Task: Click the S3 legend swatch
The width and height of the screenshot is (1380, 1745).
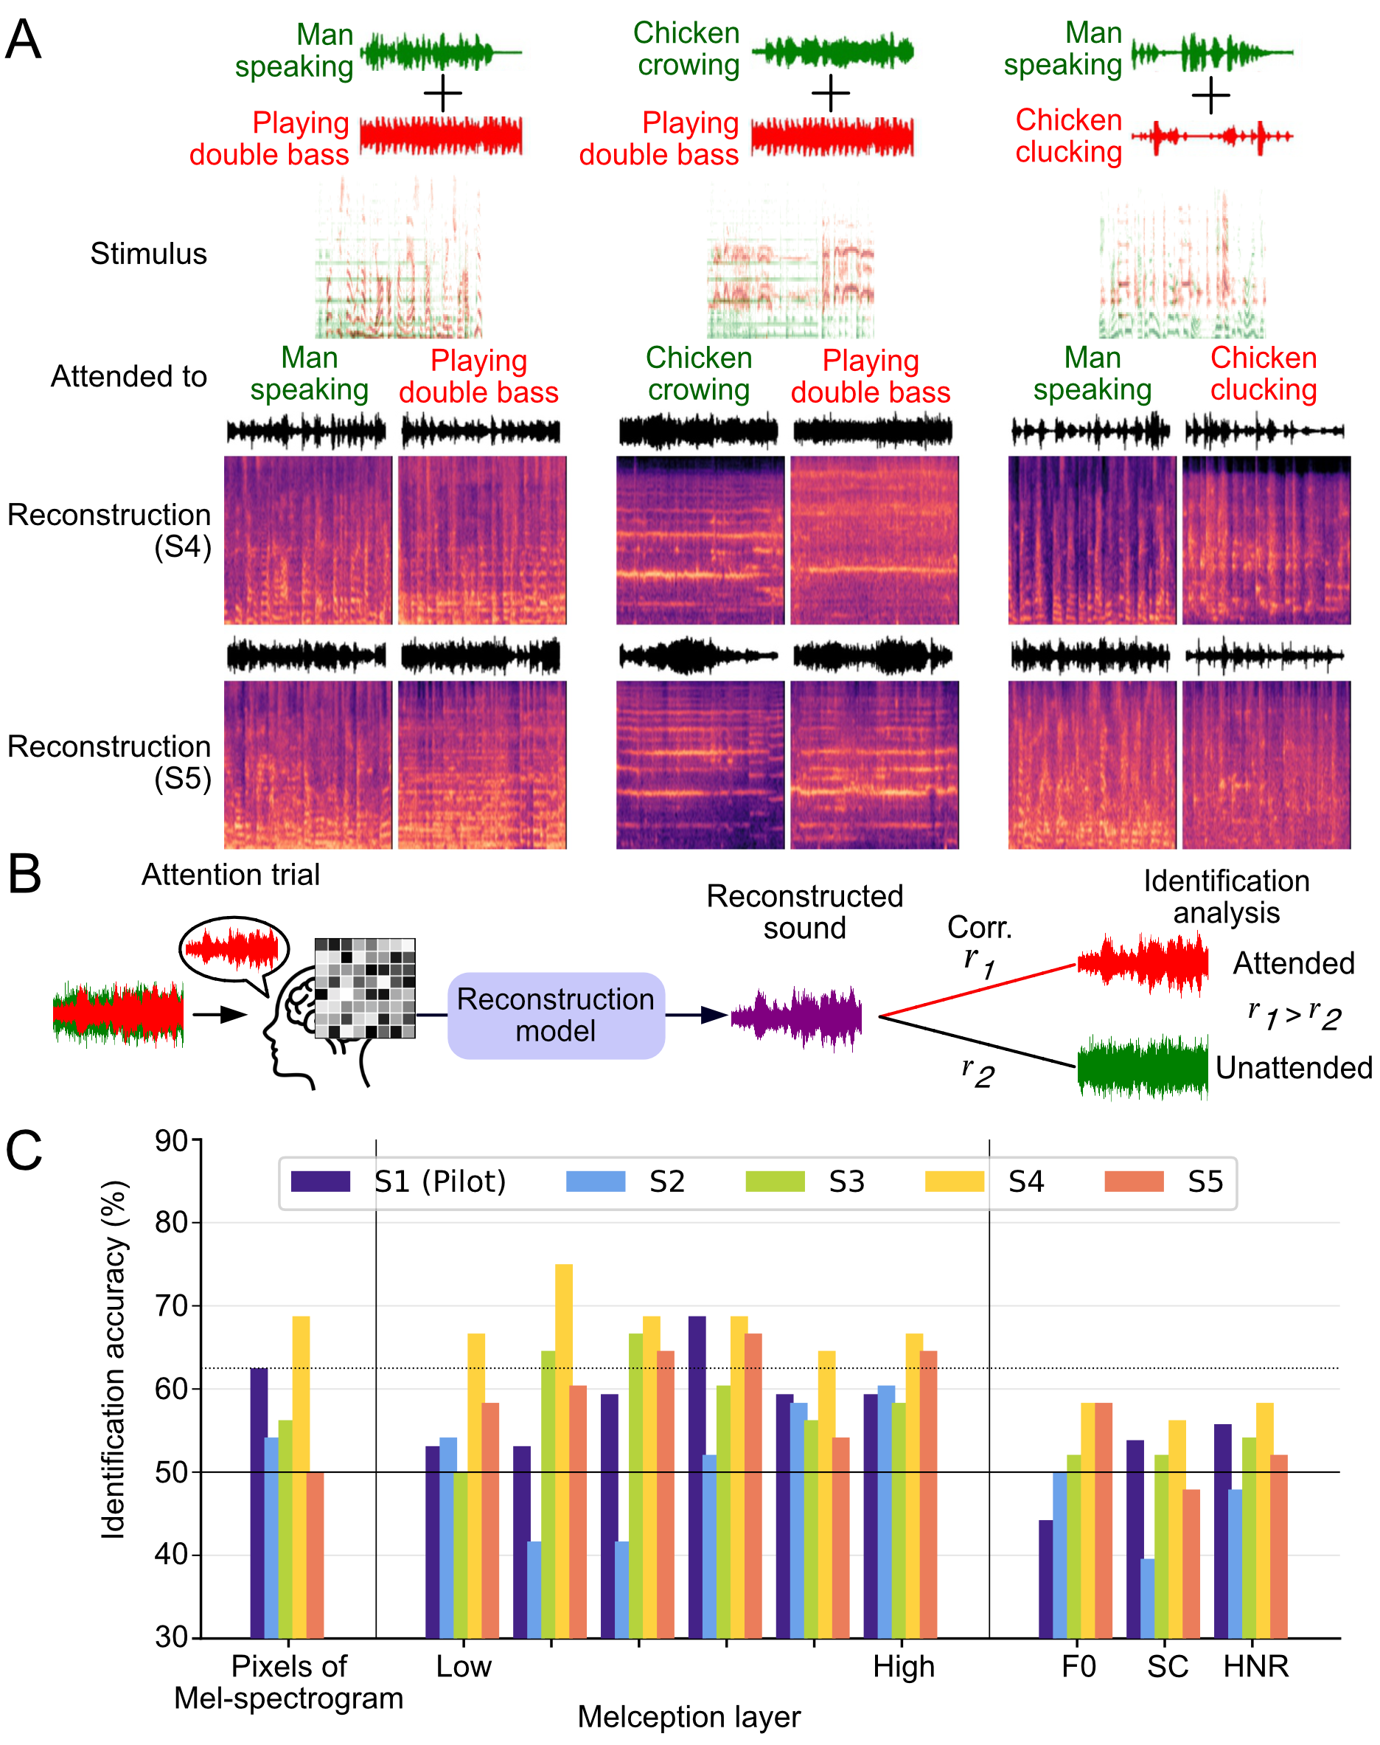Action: point(775,1181)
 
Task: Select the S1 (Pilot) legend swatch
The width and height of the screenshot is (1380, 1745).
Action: point(321,1181)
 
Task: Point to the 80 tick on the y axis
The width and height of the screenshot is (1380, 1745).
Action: point(171,1222)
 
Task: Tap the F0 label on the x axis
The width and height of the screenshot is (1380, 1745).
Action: point(1078,1666)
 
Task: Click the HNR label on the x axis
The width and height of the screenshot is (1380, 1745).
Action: point(1255,1666)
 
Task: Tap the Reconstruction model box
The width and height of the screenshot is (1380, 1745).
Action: point(556,1015)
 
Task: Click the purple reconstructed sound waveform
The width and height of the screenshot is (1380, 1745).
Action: point(796,1017)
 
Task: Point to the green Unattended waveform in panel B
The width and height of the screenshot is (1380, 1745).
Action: point(1143,1068)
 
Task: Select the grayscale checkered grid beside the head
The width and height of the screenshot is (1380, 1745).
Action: point(364,988)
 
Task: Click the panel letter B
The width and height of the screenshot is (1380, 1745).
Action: point(24,875)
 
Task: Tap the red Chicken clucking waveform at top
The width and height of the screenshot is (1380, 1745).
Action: point(1211,136)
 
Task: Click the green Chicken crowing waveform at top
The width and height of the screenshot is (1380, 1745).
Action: point(832,52)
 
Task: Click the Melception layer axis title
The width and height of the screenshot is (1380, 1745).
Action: point(689,1716)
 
